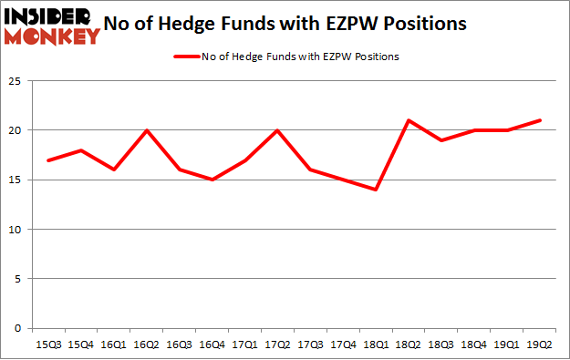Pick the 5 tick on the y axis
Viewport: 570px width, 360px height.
pos(19,279)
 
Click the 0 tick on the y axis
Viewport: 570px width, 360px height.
pos(19,329)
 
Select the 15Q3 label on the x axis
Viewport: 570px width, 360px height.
pos(47,345)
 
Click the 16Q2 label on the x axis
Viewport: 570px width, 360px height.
pos(146,345)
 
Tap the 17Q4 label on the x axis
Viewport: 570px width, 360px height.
pos(343,345)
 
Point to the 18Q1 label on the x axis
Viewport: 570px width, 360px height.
pos(376,345)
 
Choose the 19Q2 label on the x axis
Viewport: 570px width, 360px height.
pos(540,345)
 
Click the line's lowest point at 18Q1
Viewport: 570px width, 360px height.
pos(376,190)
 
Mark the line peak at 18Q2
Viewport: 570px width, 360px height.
pos(409,120)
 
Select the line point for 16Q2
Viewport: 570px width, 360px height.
pos(146,130)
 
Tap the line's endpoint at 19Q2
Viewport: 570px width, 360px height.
pos(540,120)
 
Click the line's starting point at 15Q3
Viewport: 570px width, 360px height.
pos(47,160)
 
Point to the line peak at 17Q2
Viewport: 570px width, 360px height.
pos(277,130)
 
